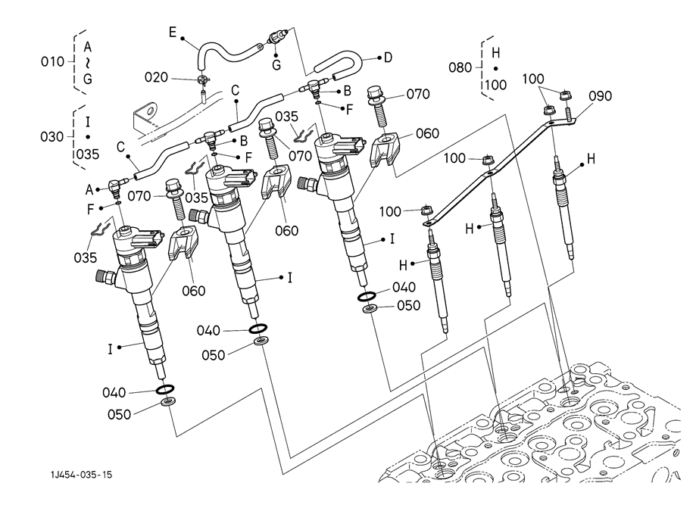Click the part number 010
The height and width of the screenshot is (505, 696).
pos(52,61)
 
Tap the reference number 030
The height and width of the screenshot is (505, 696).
pos(53,136)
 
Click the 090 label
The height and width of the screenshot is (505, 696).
pos(600,96)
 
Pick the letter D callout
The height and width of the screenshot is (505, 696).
pos(388,57)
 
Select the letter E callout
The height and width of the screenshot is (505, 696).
pos(172,32)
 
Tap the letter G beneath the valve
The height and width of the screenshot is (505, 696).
pos(276,65)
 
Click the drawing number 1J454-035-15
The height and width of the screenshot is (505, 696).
pos(83,475)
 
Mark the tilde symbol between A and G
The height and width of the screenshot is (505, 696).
pos(88,61)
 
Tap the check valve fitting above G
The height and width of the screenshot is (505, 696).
pos(277,36)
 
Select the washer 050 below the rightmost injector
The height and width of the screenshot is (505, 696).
pos(370,309)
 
